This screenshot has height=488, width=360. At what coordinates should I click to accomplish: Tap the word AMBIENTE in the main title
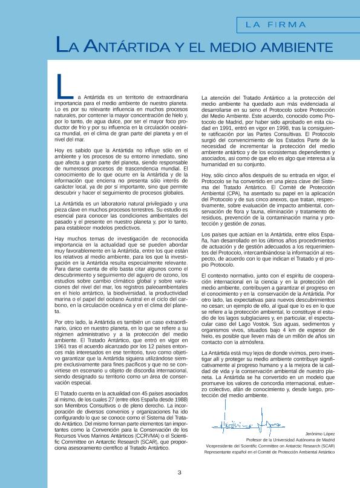point(290,46)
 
